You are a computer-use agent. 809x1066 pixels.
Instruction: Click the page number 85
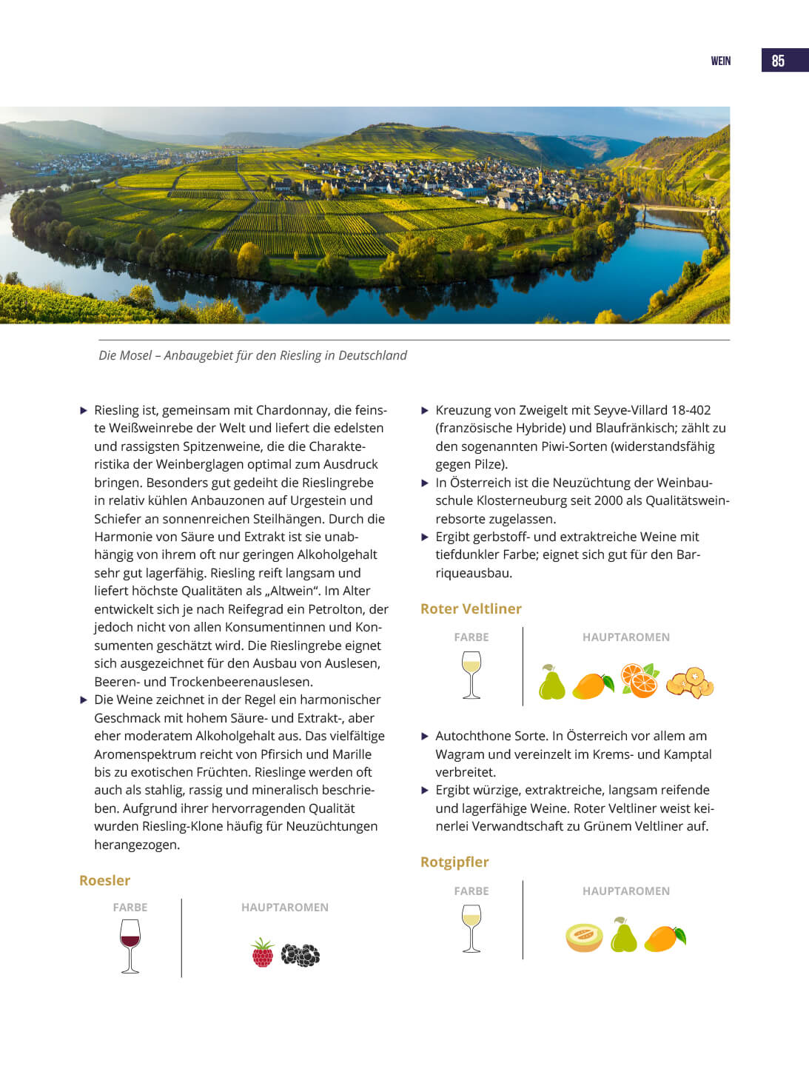778,61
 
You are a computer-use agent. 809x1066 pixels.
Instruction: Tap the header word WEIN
720,61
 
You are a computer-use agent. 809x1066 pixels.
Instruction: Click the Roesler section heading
104,880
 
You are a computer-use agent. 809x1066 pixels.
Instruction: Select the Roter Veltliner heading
471,609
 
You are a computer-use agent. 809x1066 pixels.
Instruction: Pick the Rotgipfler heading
454,862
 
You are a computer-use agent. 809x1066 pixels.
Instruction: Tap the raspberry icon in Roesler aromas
263,953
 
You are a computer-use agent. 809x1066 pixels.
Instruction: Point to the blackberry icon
301,955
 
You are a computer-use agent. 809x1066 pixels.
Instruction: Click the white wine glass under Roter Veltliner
471,674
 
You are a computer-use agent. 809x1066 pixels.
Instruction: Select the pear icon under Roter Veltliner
551,682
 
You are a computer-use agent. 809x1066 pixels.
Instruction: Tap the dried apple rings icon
690,683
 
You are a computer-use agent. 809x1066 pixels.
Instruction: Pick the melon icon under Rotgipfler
584,936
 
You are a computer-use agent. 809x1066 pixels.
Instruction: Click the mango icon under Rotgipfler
665,937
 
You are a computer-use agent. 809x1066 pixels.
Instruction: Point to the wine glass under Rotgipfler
471,928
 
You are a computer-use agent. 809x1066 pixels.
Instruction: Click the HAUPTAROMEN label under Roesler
284,907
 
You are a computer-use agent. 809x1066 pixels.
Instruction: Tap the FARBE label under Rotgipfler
471,891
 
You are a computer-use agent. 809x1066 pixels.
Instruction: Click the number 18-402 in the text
691,410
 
